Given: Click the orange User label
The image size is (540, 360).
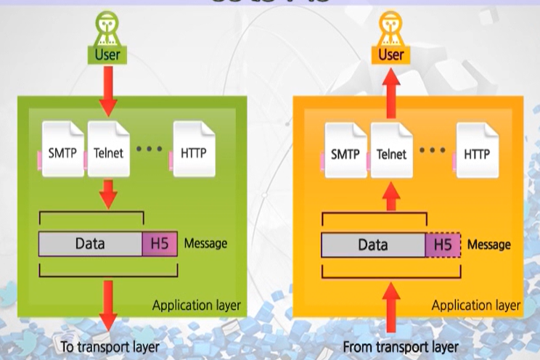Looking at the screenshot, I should click(x=391, y=54).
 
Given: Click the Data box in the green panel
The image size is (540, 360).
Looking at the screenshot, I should click(x=90, y=244).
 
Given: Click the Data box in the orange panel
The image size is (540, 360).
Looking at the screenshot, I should click(x=372, y=245).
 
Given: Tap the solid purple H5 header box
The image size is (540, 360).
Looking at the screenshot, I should click(x=159, y=244).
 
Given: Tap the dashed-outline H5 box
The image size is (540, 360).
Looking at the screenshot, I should click(x=442, y=245).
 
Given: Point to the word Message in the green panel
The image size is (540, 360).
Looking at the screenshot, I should click(x=205, y=243).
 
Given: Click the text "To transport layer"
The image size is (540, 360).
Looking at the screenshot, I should click(x=110, y=346).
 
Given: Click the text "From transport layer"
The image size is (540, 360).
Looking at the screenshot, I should click(x=393, y=346).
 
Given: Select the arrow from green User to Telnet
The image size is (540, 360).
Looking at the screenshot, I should click(x=107, y=91).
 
